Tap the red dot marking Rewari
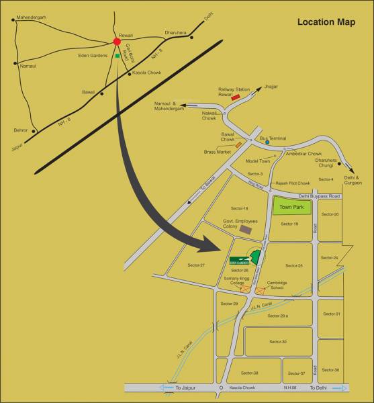[x=117, y=42]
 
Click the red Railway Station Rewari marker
[x=236, y=97]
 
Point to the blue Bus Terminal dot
[x=267, y=142]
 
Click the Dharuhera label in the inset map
[x=177, y=32]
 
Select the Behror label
[x=21, y=130]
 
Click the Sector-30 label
[x=278, y=342]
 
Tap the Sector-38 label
[x=250, y=373]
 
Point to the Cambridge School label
[x=277, y=285]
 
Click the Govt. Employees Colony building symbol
[x=246, y=229]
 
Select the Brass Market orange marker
[x=238, y=144]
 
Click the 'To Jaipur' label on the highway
[x=189, y=388]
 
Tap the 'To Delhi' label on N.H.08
[x=318, y=388]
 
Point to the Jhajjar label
[x=271, y=87]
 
